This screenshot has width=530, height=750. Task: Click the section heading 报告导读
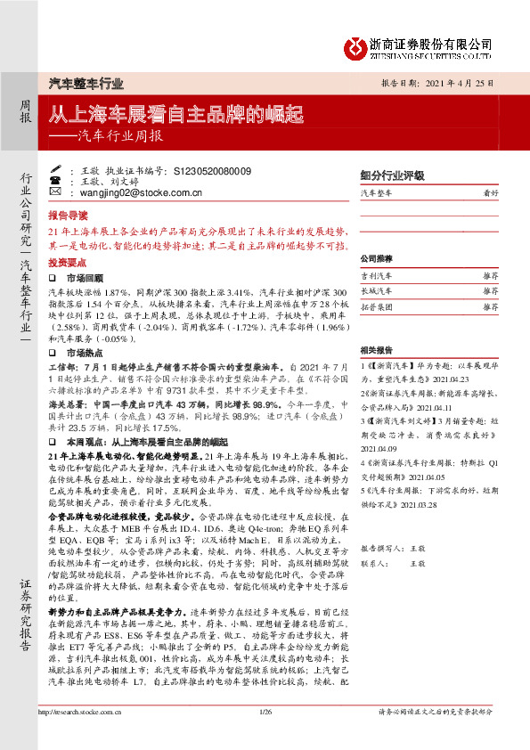pos(68,216)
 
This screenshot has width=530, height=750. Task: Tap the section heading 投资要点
pos(68,263)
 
